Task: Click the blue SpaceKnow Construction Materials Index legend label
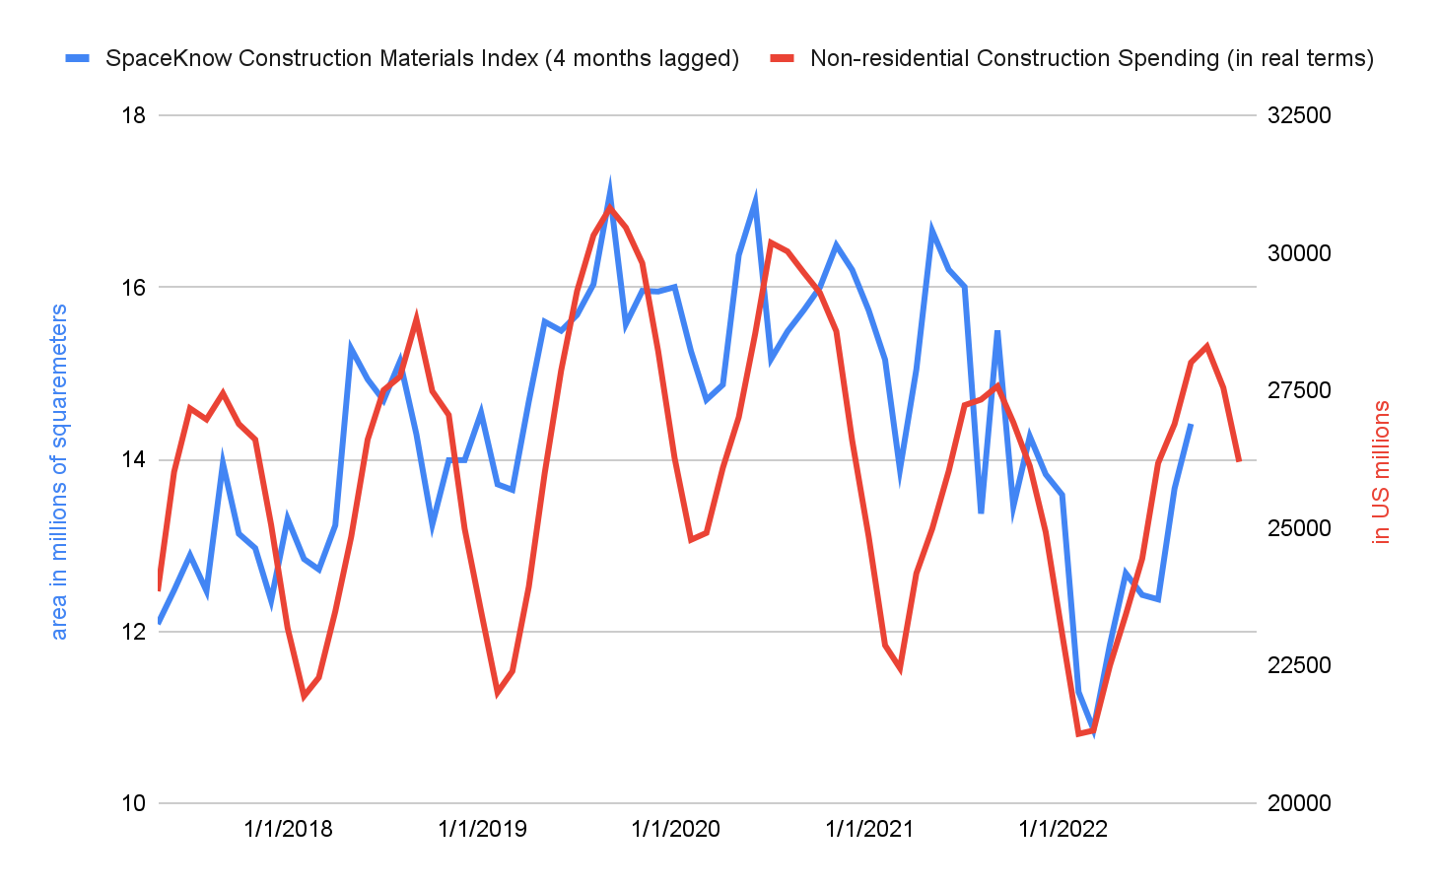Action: (422, 58)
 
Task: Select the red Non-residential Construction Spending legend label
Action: (1091, 58)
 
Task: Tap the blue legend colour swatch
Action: (78, 58)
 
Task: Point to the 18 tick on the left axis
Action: (133, 115)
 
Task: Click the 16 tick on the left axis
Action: (133, 288)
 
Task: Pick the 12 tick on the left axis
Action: (133, 632)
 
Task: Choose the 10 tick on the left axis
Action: (133, 803)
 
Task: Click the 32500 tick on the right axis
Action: (1298, 115)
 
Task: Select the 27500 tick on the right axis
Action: (1298, 390)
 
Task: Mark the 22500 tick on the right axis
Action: (1298, 665)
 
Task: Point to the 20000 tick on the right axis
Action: (1298, 803)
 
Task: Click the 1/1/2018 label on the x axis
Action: (289, 829)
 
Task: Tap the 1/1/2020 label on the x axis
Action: (676, 829)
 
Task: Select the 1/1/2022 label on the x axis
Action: (1063, 829)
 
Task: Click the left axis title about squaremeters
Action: (59, 472)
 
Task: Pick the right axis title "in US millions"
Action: (1381, 472)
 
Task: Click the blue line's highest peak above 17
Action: (610, 187)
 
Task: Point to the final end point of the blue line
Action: (1191, 425)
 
